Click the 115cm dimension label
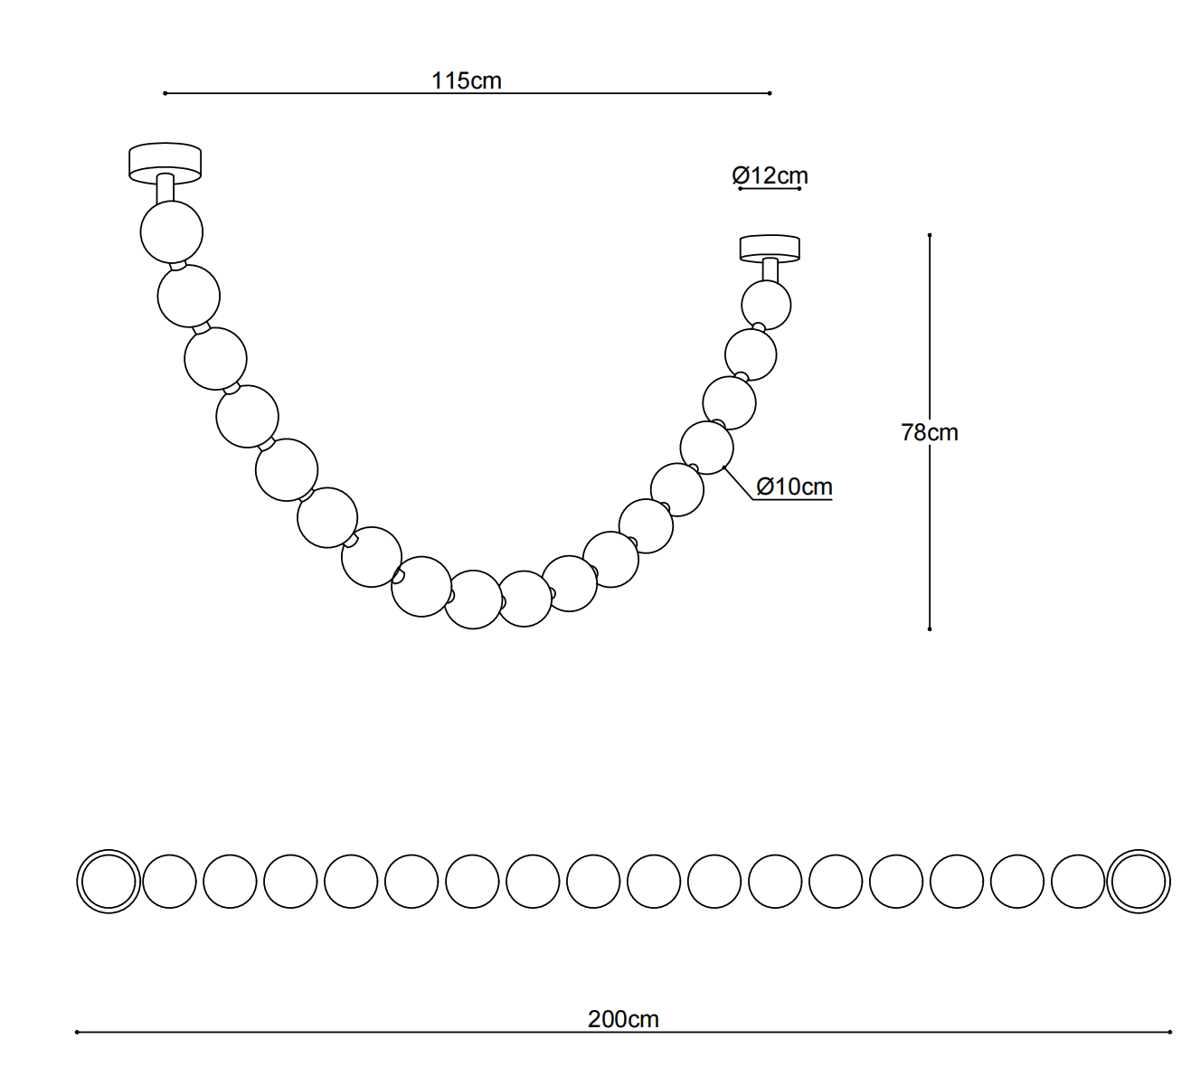coord(466,80)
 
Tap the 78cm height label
coord(930,432)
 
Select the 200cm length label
coord(623,1019)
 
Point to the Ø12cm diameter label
coord(770,175)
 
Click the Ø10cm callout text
coord(794,486)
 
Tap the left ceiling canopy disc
coord(165,162)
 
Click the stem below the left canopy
coord(165,188)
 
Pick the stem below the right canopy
coord(770,270)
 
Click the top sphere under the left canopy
coord(172,232)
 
